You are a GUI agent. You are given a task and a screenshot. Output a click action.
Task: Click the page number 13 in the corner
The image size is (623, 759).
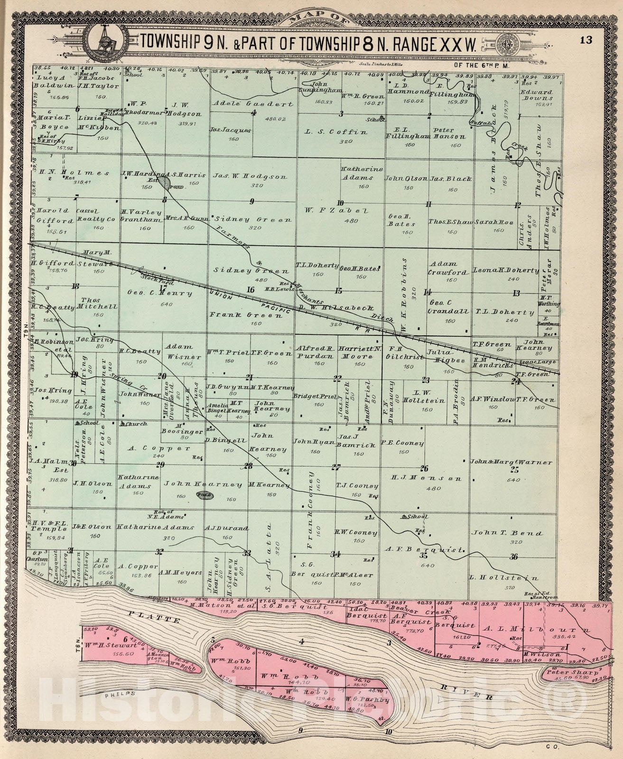[586, 40]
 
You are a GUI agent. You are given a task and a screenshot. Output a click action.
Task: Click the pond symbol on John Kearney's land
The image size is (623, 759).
[205, 495]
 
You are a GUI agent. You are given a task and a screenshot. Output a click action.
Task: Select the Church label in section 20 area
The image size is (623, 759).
[136, 424]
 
